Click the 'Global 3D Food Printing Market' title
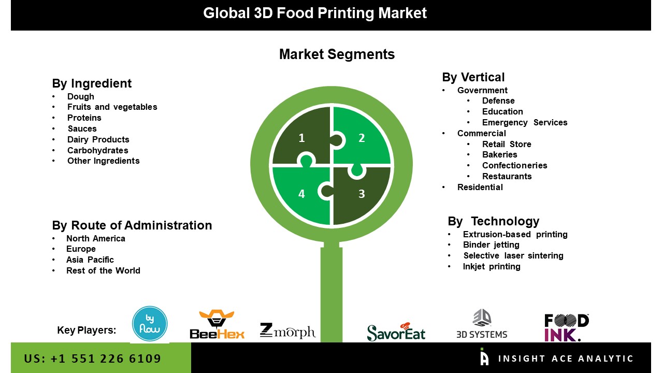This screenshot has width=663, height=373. pos(315,13)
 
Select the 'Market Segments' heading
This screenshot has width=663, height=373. pos(337,54)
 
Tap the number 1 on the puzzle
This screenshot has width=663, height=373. pos(301,138)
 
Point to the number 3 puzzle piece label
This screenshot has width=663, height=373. pos(362,194)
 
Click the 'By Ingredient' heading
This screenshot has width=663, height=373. pos(92,83)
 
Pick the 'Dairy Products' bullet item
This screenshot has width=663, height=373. pos(98,139)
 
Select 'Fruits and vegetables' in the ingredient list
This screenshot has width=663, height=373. pos(112,107)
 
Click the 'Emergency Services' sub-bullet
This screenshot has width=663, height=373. pos(525,123)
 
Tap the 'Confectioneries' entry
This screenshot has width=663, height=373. pos(514,165)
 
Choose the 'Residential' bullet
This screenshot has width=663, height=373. pos(480,187)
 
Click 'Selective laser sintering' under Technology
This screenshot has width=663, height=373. pos(513,255)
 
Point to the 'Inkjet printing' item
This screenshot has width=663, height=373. pos(492,266)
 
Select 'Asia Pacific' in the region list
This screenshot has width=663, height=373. pos(90,260)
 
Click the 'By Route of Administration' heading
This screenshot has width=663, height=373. pos(132,225)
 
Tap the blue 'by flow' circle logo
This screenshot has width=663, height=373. pos(150,324)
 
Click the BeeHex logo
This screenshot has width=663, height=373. pos(217,324)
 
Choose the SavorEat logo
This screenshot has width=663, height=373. pos(396,332)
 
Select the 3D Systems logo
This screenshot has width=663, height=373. pos(482,324)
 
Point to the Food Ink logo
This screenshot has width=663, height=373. pos(567,327)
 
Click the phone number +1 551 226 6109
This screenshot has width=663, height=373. pos(93,358)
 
